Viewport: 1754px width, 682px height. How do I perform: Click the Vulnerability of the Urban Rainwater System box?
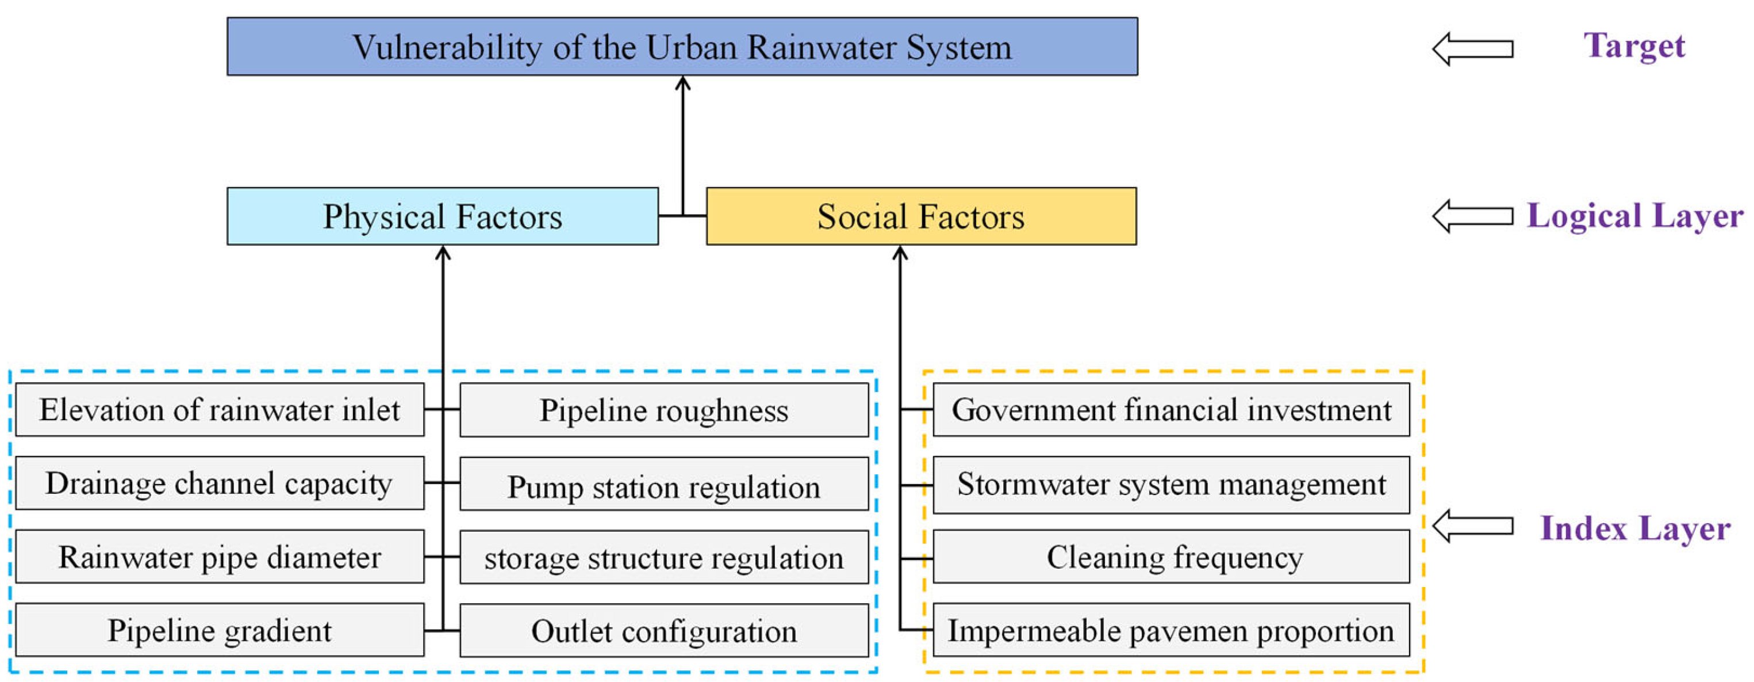tap(682, 46)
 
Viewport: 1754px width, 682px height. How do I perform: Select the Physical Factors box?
tap(443, 216)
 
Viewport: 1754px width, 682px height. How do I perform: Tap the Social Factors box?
tap(921, 216)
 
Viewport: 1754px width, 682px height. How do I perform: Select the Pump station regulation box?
tap(664, 484)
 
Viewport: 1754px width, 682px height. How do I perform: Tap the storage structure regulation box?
tap(664, 557)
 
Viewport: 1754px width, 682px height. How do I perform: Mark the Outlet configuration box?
tap(664, 631)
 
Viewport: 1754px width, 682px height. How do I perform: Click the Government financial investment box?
tap(1171, 409)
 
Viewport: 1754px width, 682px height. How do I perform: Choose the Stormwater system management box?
tap(1171, 485)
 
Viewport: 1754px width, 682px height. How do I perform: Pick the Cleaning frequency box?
tap(1171, 557)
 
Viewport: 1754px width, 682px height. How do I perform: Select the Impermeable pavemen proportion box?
tap(1171, 630)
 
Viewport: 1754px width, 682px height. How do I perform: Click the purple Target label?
tap(1634, 46)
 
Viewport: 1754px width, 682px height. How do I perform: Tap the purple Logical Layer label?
tap(1635, 216)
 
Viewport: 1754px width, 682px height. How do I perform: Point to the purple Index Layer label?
tap(1635, 528)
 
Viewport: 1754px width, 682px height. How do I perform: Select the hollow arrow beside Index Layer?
tap(1473, 527)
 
